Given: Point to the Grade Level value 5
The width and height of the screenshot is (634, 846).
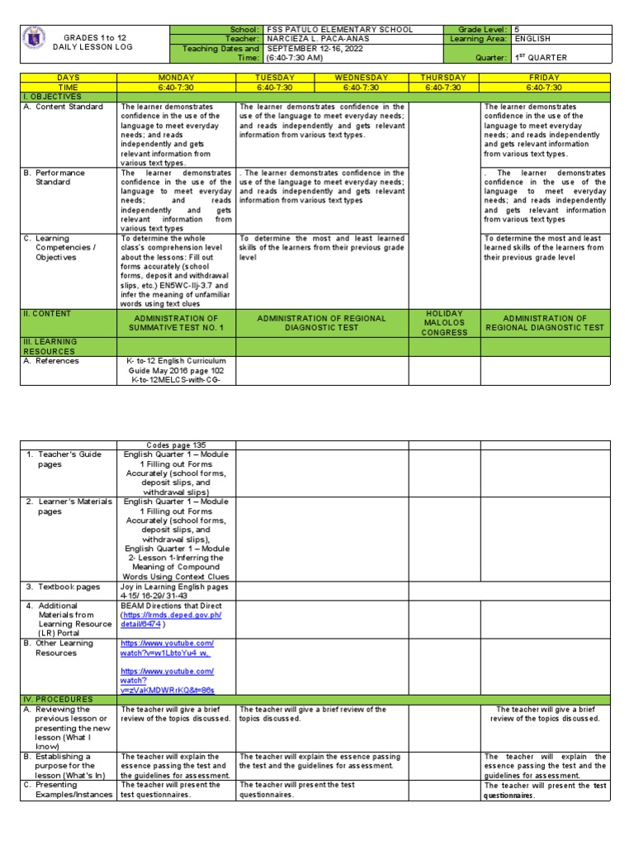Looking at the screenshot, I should click(x=517, y=29).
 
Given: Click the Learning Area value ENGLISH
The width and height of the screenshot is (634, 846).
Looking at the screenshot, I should click(x=532, y=39).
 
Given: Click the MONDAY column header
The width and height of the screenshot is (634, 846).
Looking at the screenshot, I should click(x=176, y=78).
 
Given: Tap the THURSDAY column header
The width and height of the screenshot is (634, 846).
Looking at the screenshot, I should click(x=444, y=78).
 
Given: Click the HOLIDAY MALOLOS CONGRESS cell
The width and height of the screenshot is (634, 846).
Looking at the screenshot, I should click(x=444, y=323).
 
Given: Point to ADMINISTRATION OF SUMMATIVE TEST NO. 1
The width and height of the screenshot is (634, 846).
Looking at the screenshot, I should click(x=177, y=323).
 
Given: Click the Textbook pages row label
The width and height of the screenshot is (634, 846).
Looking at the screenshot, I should click(x=69, y=587).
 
